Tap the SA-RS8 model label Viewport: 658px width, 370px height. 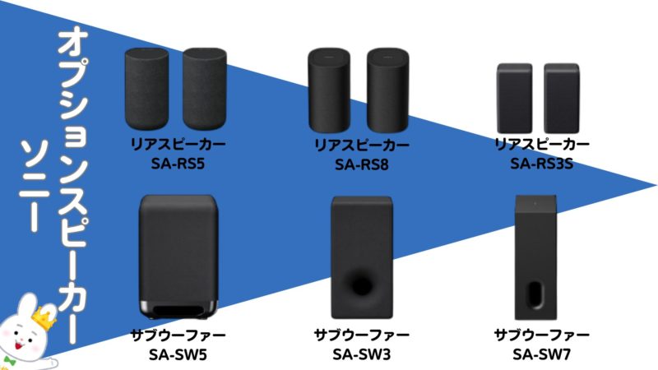tap(361, 164)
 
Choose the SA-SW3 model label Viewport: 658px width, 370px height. tap(361, 354)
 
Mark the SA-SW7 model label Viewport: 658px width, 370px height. tap(541, 354)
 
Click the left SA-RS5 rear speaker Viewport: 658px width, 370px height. tap(148, 90)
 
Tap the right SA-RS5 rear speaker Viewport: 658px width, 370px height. tap(205, 90)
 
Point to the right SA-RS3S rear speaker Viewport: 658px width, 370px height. tap(563, 97)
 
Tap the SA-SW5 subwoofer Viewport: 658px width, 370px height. tap(179, 255)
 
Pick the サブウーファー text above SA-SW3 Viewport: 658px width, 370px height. tap(361, 335)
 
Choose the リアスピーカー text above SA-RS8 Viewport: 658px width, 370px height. tap(361, 145)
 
